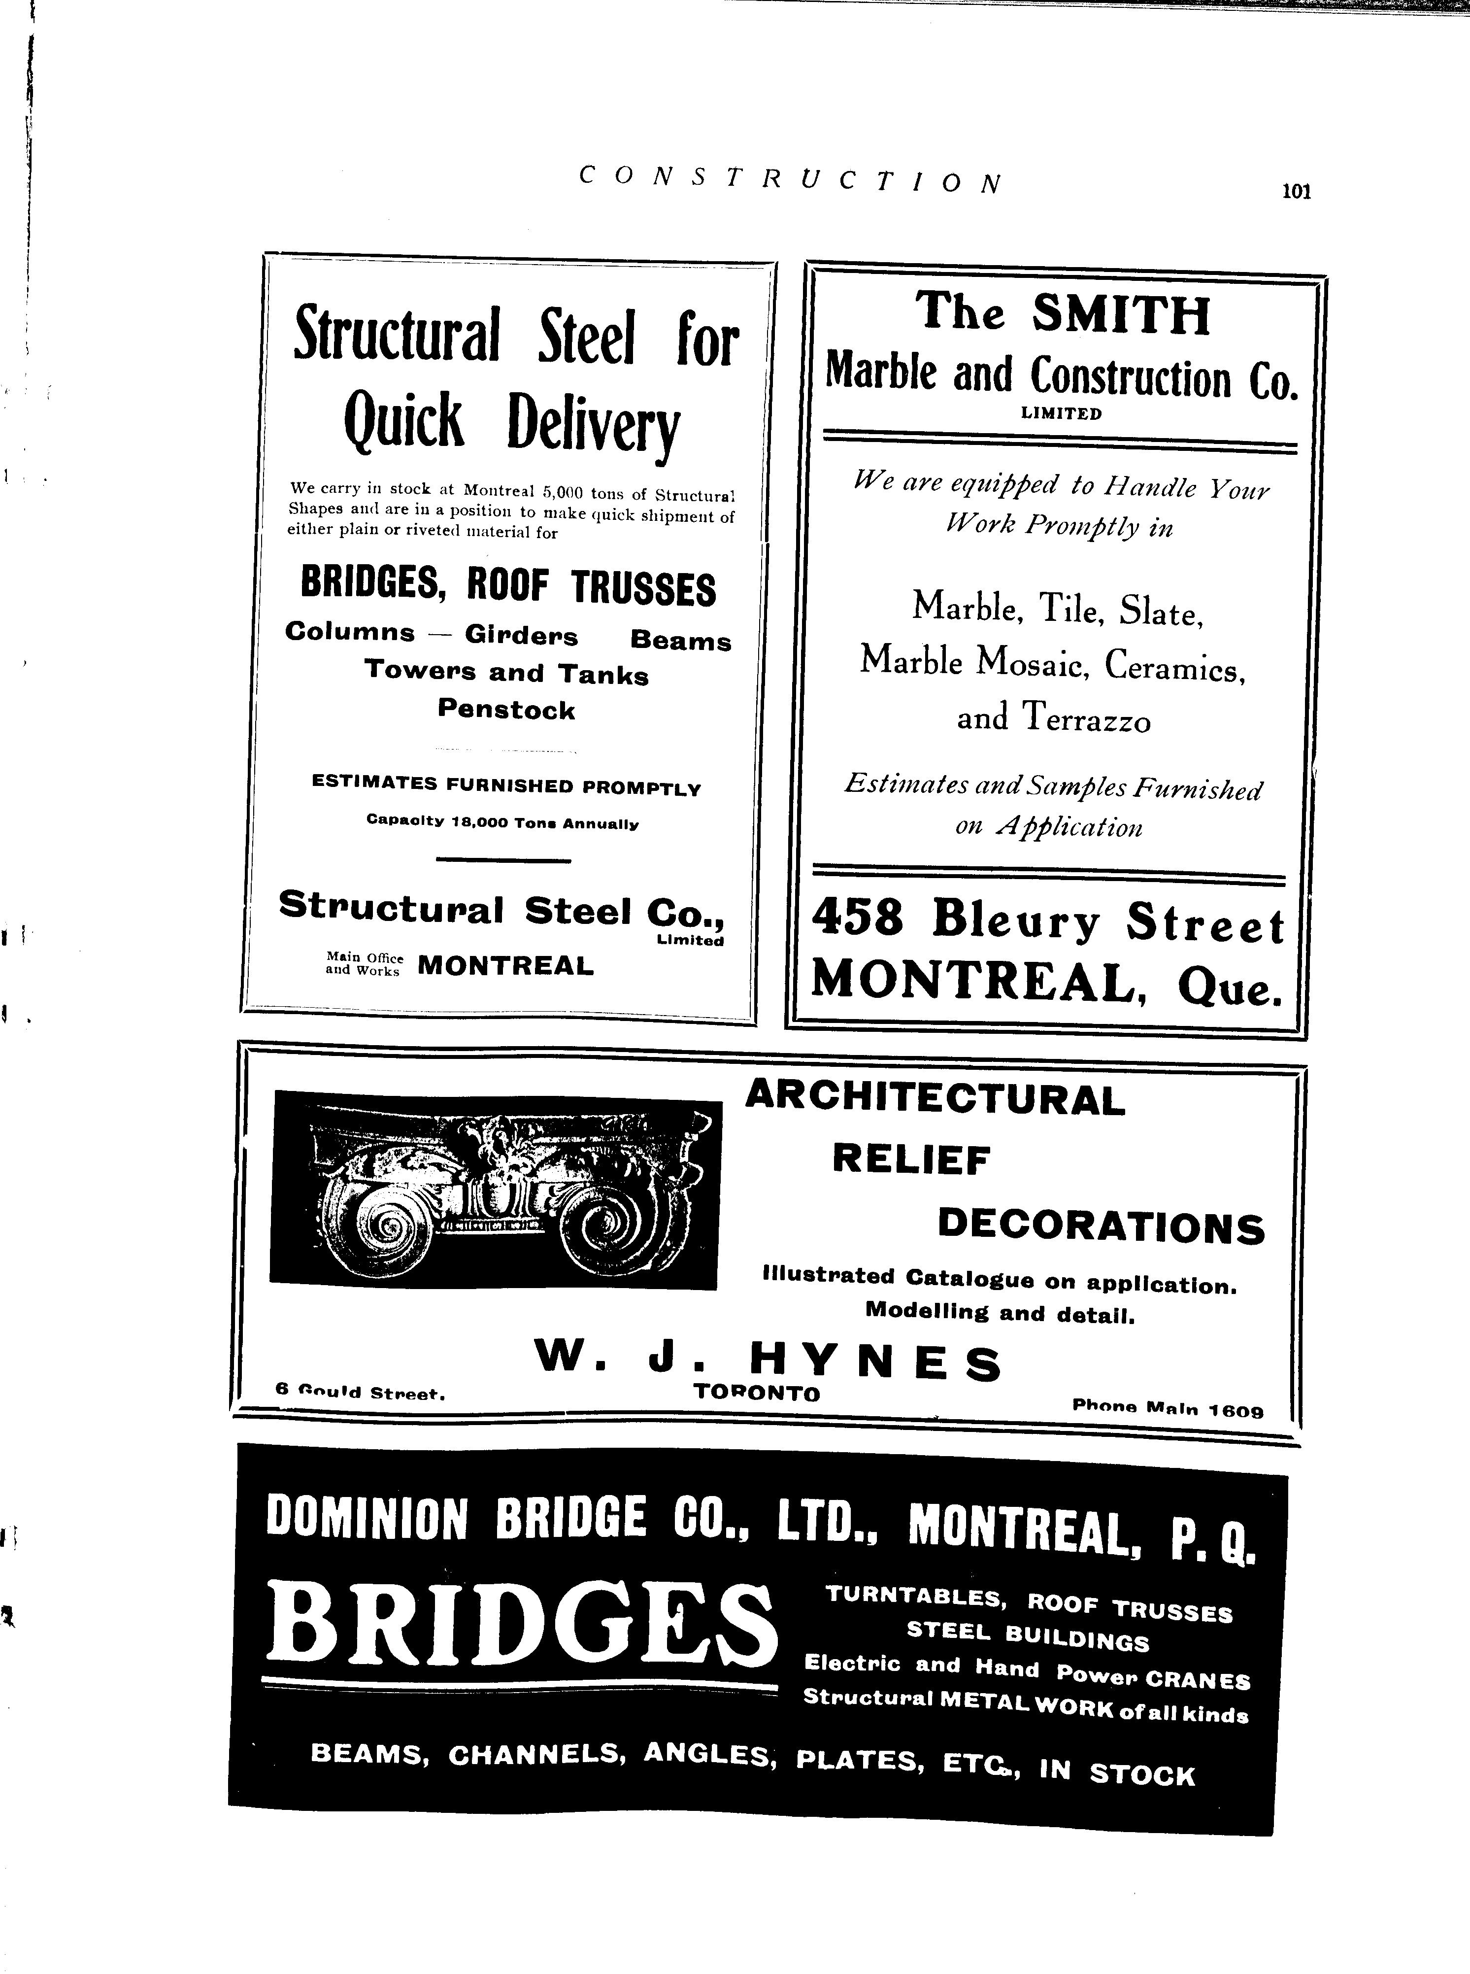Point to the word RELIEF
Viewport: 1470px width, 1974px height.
click(911, 1159)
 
